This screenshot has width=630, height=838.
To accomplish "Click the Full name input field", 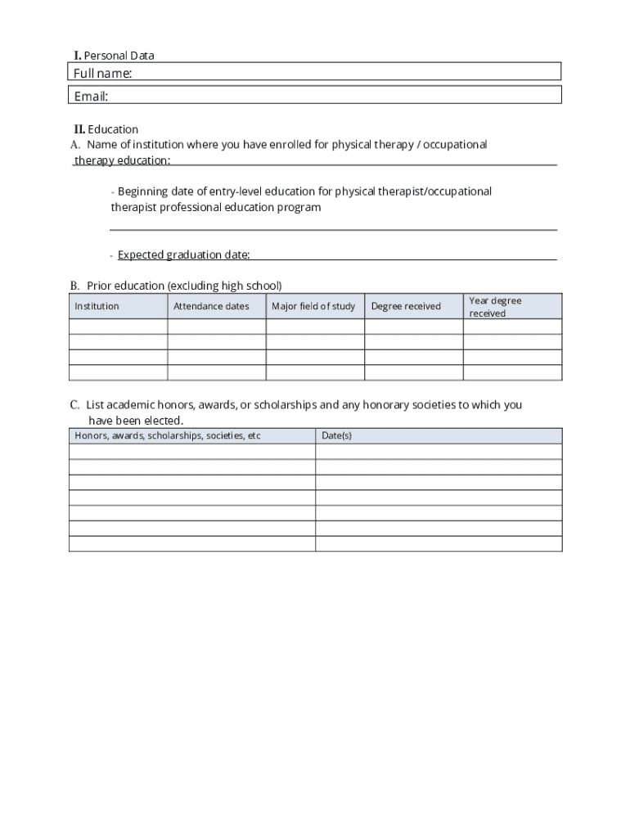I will [x=344, y=72].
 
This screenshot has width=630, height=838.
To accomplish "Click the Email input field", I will [x=344, y=96].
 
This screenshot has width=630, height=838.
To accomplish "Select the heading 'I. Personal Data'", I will [x=114, y=56].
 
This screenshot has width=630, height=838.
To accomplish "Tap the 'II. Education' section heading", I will [x=106, y=129].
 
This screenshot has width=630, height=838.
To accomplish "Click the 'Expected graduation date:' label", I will [x=183, y=255].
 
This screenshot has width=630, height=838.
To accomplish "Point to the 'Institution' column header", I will [x=97, y=306].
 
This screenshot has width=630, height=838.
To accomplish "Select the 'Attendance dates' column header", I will [x=211, y=306].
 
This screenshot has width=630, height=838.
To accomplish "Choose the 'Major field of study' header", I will [x=313, y=306].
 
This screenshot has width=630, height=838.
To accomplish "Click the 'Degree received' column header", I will [x=406, y=306].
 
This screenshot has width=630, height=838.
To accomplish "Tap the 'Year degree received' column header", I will [x=495, y=307].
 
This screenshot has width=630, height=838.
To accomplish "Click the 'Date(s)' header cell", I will [x=336, y=435].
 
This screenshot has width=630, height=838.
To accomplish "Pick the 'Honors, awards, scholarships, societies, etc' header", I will [x=168, y=435].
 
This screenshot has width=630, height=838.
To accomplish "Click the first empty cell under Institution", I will [x=119, y=327].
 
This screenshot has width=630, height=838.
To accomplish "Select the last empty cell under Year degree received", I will [x=512, y=373].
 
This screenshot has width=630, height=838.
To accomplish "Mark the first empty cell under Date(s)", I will [x=439, y=452].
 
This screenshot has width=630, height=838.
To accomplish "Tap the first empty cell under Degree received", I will [x=413, y=327].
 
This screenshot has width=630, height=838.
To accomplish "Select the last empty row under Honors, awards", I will [x=192, y=544].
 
